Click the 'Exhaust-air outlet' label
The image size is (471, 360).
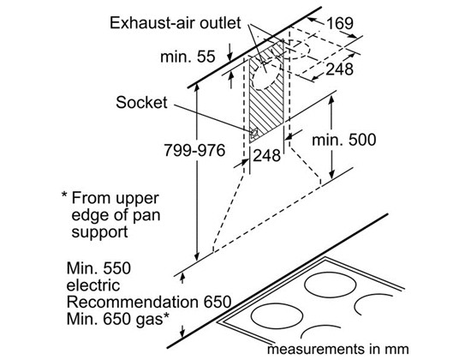(x=175, y=23)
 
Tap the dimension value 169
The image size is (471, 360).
(x=340, y=23)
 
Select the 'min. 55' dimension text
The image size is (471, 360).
(x=188, y=57)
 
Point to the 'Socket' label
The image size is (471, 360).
(x=141, y=103)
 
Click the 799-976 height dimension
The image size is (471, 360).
(x=194, y=150)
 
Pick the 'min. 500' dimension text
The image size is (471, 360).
(x=344, y=140)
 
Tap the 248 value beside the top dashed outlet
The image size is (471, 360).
(x=339, y=69)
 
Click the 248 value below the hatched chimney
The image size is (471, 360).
(x=266, y=155)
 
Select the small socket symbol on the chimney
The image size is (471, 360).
(x=254, y=133)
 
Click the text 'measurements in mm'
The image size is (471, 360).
(x=338, y=349)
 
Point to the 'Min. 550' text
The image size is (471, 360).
(x=98, y=268)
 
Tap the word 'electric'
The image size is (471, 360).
(x=93, y=285)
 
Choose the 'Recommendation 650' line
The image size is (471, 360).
(x=149, y=302)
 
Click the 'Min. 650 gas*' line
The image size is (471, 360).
(x=117, y=319)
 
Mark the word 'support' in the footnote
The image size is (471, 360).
(x=99, y=232)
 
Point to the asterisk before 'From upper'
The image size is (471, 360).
(x=64, y=195)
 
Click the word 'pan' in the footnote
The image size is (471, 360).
(x=146, y=216)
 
